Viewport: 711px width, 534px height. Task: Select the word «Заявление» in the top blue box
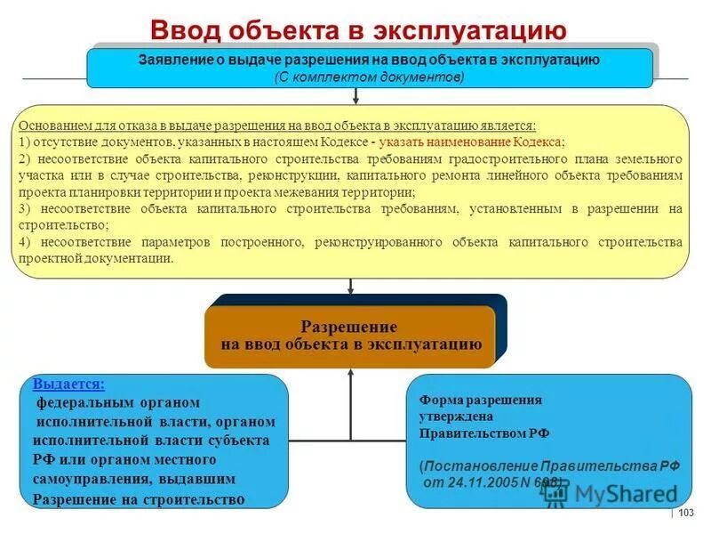(x=173, y=60)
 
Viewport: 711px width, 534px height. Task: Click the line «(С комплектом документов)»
(x=369, y=77)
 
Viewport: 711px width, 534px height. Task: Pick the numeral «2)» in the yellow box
(x=24, y=158)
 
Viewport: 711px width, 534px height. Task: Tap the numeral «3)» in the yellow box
(x=24, y=208)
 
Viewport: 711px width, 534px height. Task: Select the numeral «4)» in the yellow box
(x=24, y=242)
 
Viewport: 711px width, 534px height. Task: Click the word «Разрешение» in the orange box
(x=349, y=328)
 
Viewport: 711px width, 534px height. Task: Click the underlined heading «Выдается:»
(x=68, y=384)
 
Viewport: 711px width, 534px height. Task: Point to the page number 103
(x=685, y=513)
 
